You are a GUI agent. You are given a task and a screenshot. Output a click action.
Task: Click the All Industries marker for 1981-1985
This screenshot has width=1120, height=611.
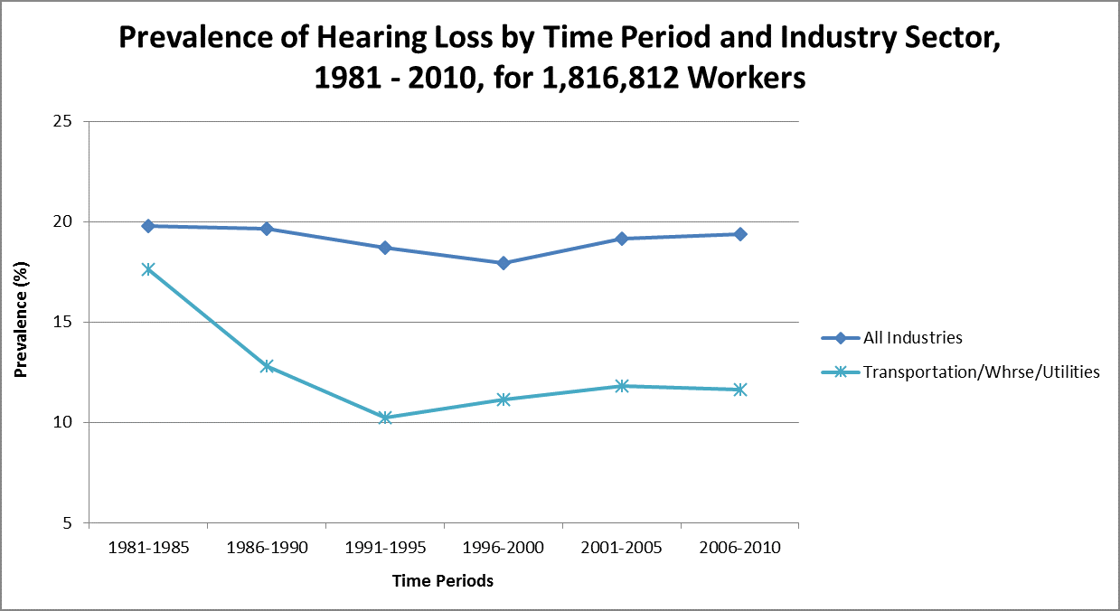[x=148, y=226]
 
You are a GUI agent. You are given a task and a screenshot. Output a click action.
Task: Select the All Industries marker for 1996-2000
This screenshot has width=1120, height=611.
[x=504, y=263]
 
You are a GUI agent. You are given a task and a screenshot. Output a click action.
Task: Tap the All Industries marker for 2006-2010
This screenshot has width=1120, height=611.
[x=740, y=234]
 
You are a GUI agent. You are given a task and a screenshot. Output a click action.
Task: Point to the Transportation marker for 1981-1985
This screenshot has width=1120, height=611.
[x=148, y=269]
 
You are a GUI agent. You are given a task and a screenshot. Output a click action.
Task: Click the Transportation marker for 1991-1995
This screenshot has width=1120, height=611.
[x=385, y=418]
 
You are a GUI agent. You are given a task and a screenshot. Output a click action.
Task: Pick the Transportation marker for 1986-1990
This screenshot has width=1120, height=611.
[x=267, y=366]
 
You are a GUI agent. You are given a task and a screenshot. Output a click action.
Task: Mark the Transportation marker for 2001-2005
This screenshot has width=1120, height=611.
[x=622, y=386]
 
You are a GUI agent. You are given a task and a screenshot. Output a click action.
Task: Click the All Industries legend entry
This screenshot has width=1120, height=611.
[x=912, y=338]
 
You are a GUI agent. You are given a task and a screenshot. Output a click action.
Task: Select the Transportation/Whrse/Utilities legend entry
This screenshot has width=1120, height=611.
[x=981, y=371]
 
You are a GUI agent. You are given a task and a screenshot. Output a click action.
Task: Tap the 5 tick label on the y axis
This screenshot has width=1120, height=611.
[x=68, y=523]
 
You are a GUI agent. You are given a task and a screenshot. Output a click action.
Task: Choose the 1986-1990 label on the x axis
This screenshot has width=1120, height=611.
[x=267, y=549]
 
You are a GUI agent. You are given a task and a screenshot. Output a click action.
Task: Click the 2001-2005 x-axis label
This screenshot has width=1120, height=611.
[x=622, y=549]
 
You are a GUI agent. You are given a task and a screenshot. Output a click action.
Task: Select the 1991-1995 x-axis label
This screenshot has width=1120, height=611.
[x=385, y=549]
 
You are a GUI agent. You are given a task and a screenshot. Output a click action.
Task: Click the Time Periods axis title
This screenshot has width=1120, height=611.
[x=443, y=581]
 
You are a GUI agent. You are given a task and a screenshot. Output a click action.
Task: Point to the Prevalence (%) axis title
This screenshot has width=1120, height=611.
[x=22, y=322]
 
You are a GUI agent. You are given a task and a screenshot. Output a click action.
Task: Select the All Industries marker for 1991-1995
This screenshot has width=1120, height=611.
[x=385, y=248]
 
